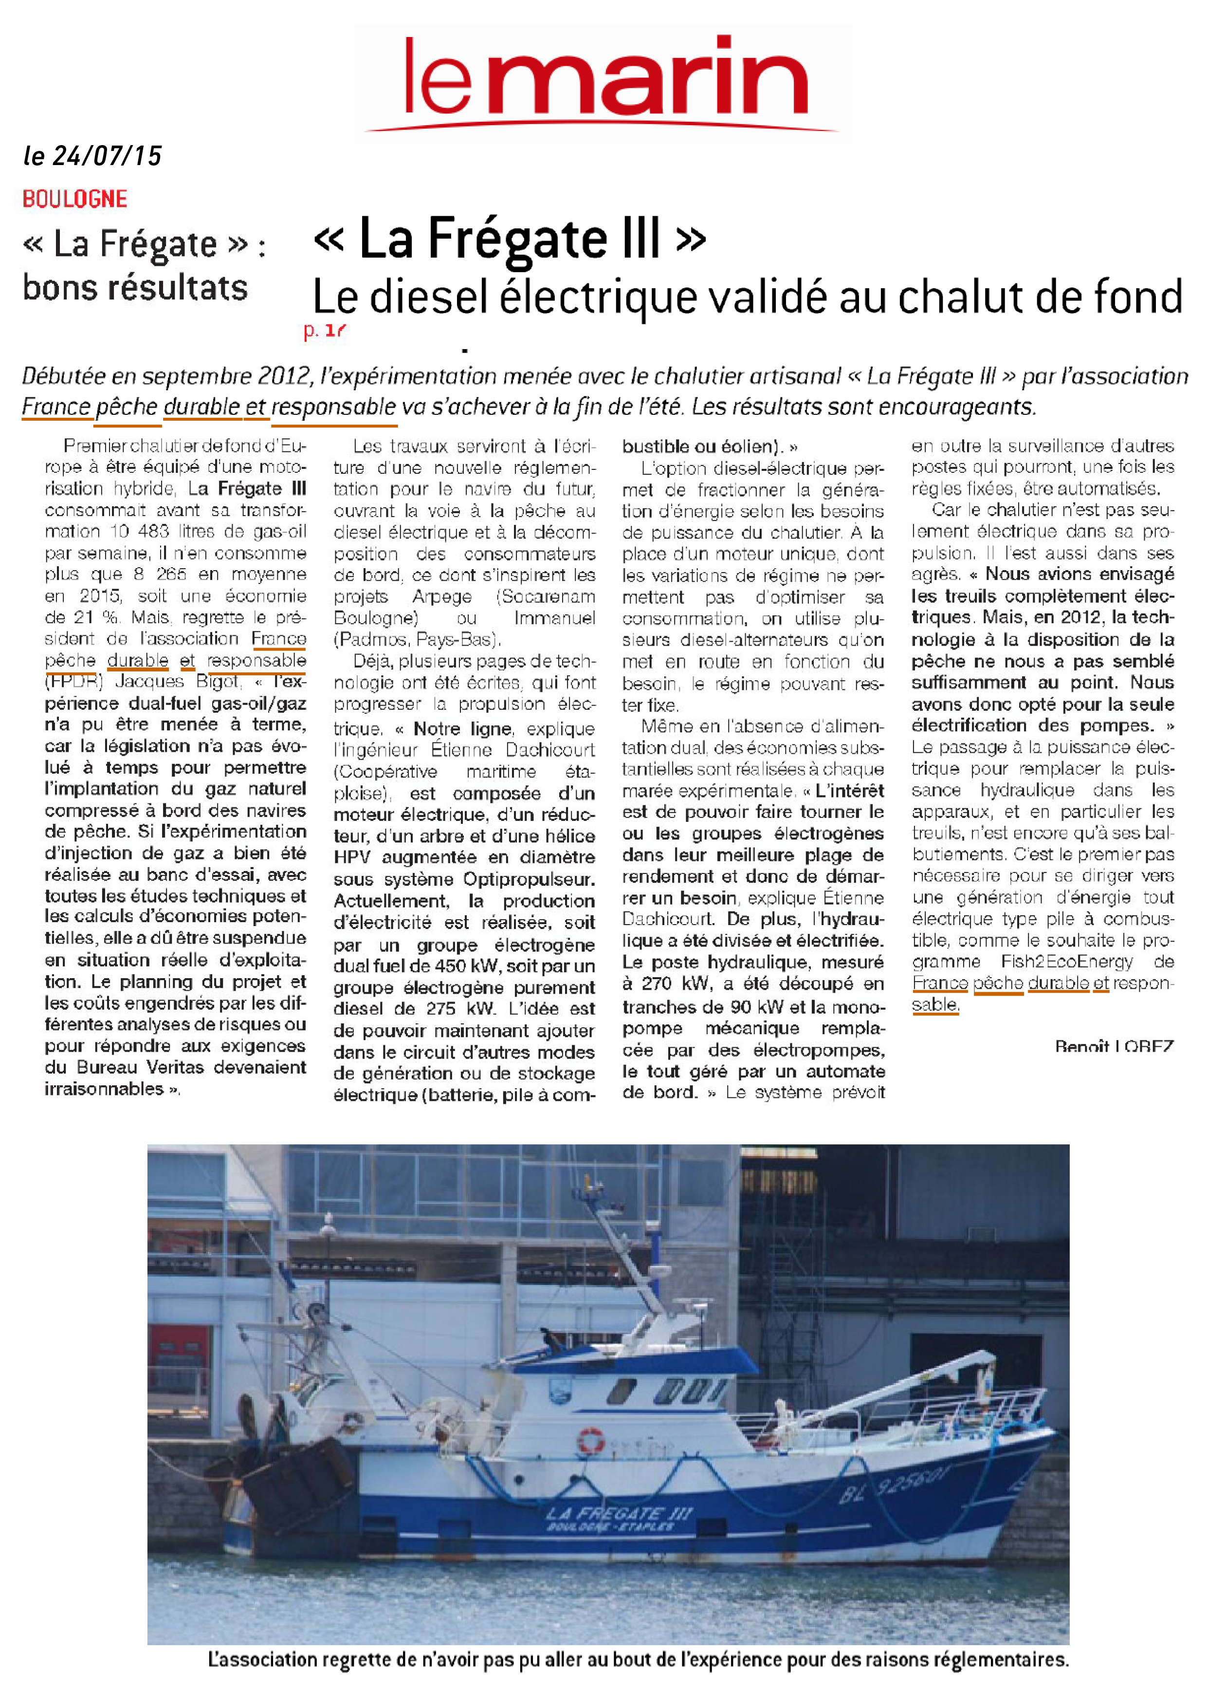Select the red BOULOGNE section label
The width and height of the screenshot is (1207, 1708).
coord(74,199)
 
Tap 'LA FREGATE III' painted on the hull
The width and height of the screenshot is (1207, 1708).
coord(619,1513)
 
